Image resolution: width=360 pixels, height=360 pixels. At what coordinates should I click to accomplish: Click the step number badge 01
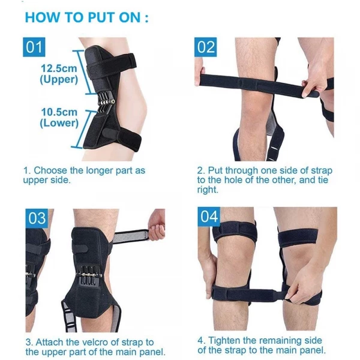[34, 46]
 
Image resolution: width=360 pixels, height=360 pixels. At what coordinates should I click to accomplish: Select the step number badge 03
[37, 217]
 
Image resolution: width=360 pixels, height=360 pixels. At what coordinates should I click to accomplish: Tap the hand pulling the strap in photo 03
[157, 225]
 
